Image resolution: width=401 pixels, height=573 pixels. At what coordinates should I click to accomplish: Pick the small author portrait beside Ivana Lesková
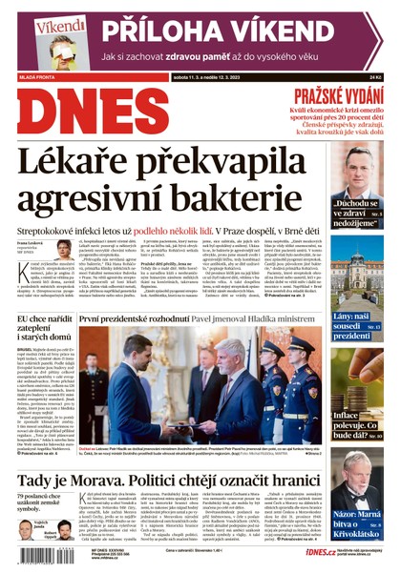coord(63,249)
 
